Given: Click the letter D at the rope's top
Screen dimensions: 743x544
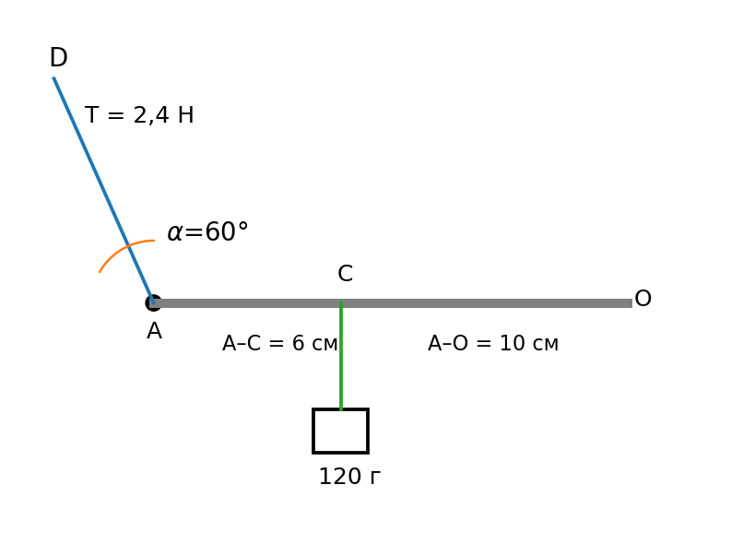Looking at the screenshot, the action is [x=59, y=57].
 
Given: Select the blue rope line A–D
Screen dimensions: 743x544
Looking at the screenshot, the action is [x=103, y=190].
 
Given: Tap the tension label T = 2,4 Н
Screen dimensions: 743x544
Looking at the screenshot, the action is [x=139, y=115].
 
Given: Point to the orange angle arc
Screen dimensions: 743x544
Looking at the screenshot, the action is [x=124, y=248].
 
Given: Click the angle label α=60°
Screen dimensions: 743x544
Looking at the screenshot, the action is [x=207, y=231].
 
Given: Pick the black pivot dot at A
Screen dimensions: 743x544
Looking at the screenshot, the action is [x=153, y=302].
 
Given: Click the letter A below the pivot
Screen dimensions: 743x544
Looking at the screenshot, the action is [x=155, y=331].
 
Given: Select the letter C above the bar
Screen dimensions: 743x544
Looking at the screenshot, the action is [x=346, y=274].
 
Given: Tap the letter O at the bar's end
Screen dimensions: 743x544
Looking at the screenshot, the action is [x=643, y=299].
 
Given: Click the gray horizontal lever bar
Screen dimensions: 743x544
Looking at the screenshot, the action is [x=393, y=303].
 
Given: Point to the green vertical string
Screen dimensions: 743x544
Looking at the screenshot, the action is [x=341, y=355].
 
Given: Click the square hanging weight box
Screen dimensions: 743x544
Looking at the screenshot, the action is [x=341, y=431].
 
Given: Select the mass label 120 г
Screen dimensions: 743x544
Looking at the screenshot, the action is [x=349, y=477].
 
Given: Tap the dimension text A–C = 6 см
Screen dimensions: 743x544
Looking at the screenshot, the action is [x=280, y=343].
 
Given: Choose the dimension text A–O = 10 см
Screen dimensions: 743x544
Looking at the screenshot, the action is [x=493, y=343].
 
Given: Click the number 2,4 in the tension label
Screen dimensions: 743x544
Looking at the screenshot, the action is [x=150, y=115].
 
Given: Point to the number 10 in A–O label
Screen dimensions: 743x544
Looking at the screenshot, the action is [x=512, y=343].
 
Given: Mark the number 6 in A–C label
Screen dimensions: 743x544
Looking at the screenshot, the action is [x=298, y=343].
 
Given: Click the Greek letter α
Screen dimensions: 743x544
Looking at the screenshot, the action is [x=174, y=232].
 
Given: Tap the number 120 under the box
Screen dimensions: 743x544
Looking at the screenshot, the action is [x=340, y=477].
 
